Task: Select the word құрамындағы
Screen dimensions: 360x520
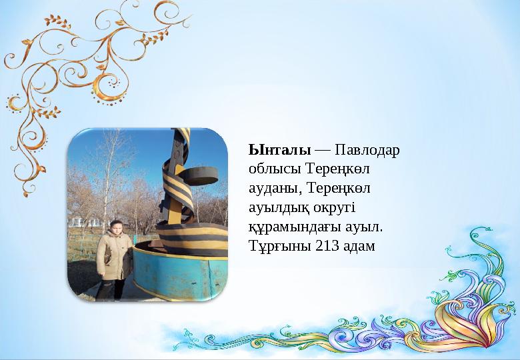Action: pos(288,227)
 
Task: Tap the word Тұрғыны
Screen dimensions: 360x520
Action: pos(275,247)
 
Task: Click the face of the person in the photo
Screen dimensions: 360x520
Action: pos(115,228)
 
